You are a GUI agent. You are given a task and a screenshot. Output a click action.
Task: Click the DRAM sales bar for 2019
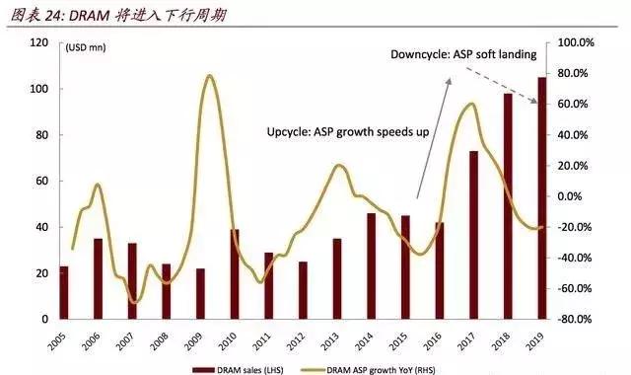coord(542,198)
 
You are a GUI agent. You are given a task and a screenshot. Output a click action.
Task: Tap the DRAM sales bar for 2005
coord(64,292)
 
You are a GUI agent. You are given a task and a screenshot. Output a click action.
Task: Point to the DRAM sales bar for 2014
coord(371,266)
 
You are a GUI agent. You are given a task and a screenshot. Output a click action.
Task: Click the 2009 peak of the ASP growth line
coord(208,76)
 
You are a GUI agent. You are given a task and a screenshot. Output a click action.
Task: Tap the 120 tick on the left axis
coord(39,43)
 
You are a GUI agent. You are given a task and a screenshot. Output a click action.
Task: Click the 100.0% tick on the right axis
coord(575,43)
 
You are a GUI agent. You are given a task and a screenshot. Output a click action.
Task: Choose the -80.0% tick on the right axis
coord(575,320)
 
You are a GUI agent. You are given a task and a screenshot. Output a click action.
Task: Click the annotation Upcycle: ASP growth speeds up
coord(347,131)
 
